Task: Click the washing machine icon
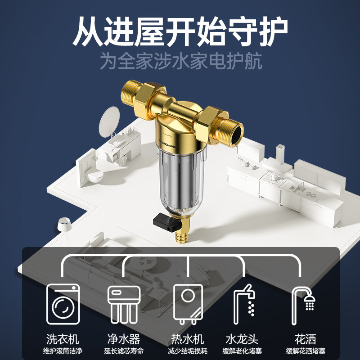63,304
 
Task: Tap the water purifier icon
124,305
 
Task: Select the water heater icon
188,304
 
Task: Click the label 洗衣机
63,339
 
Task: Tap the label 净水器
124,339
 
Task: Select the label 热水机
188,339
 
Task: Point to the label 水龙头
242,339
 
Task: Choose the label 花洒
306,339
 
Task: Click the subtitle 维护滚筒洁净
63,351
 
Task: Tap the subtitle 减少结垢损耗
188,351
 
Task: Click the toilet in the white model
94,175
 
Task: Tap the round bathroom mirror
109,121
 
